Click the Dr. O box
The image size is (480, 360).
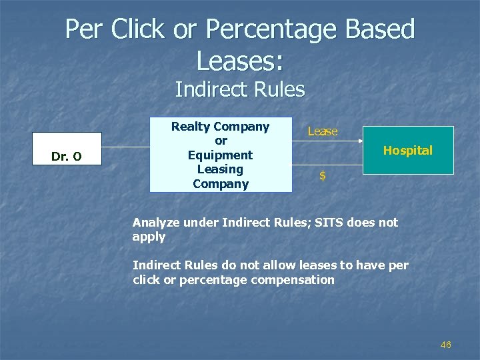click(67, 149)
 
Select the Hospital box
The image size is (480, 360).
click(408, 151)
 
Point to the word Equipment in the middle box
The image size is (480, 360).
click(220, 155)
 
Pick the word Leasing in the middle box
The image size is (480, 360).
click(220, 169)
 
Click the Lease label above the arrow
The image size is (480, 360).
click(323, 132)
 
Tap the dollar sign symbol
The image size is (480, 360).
click(323, 176)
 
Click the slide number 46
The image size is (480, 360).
click(446, 345)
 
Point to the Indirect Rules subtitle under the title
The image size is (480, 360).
click(240, 89)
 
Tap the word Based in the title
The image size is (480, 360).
click(377, 29)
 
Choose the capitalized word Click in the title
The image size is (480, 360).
click(138, 29)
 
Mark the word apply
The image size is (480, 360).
click(149, 237)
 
